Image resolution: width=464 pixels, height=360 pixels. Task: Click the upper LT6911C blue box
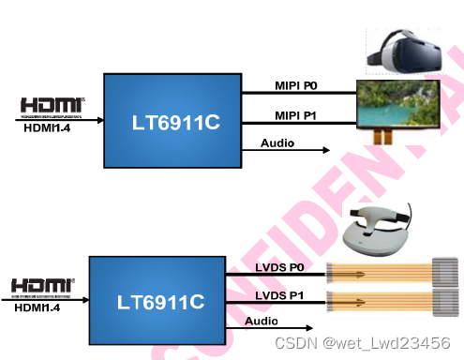[x=171, y=120]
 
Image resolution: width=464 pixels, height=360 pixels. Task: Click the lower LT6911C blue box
[x=158, y=301]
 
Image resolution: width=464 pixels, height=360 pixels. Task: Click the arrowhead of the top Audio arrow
[x=324, y=150]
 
